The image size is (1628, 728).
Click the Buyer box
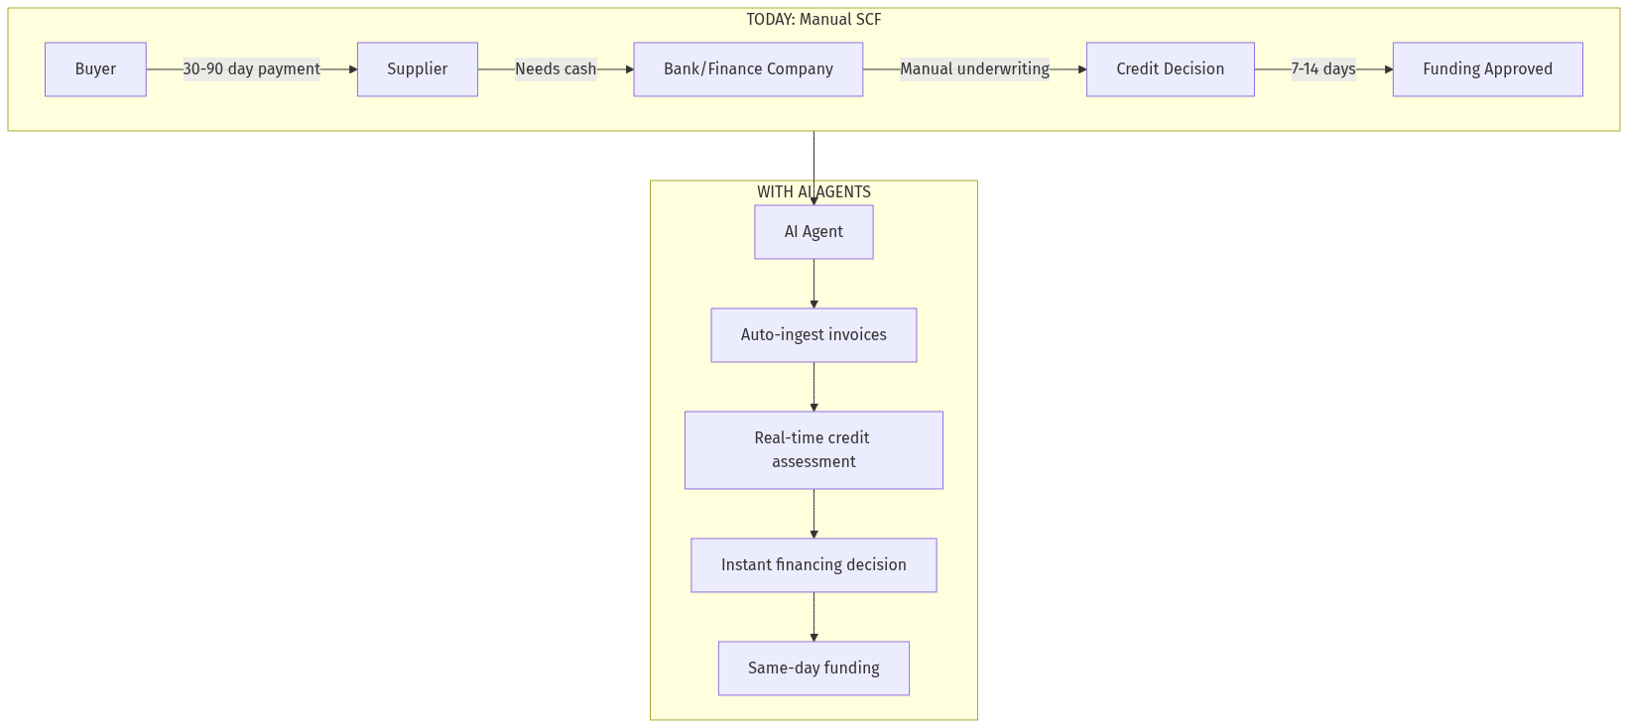click(95, 69)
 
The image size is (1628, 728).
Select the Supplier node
click(417, 69)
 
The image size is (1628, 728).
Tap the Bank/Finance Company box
click(748, 69)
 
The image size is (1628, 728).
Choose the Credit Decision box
click(1170, 69)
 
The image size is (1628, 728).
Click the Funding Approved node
click(1487, 69)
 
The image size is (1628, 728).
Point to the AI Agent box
click(814, 232)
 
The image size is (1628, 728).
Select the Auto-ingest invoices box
click(814, 335)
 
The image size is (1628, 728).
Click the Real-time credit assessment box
click(814, 450)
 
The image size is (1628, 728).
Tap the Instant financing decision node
click(814, 565)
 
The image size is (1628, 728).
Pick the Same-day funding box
click(814, 668)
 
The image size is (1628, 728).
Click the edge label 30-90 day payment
click(251, 69)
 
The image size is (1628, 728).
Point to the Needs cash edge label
click(556, 69)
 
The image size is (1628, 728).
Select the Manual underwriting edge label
click(974, 69)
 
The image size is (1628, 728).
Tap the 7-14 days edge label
click(1323, 69)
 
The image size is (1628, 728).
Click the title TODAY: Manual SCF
click(814, 20)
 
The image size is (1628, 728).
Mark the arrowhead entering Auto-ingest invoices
click(814, 304)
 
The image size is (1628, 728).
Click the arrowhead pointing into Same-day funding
click(814, 638)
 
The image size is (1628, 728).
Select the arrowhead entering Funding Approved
click(1388, 69)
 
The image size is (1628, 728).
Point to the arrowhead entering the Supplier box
click(352, 69)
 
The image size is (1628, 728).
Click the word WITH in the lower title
click(775, 192)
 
